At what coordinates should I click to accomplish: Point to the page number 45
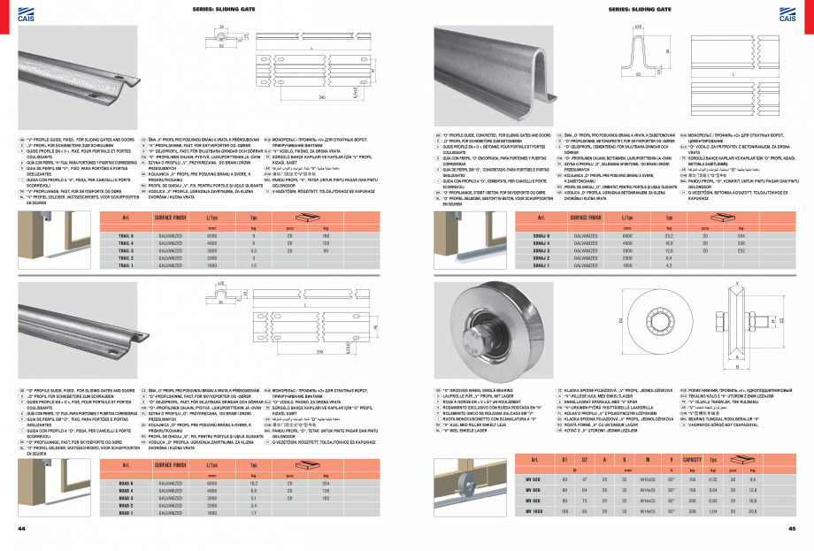pyautogui.click(x=793, y=528)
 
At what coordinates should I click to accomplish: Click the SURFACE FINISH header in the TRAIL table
pyautogui.click(x=169, y=218)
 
